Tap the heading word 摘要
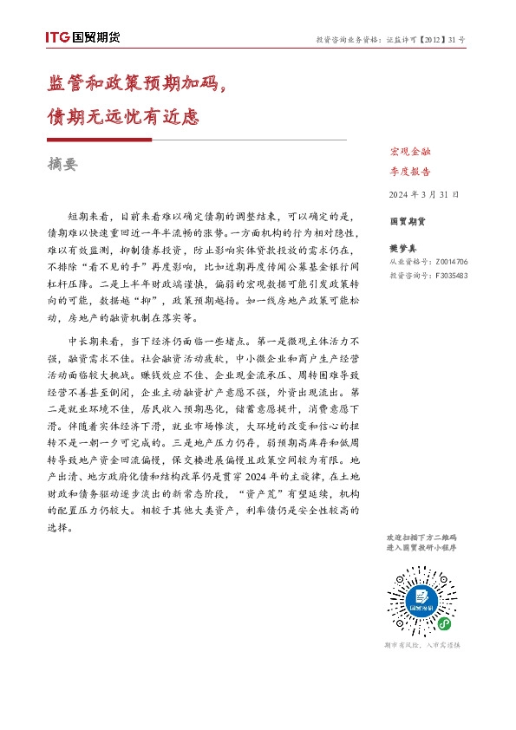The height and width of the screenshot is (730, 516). pos(63,164)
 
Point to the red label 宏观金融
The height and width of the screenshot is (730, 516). pos(410,153)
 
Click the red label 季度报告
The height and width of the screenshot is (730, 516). pos(410,172)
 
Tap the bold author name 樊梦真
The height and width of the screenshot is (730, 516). pos(405,248)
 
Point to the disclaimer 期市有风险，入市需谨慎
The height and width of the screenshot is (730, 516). pos(421,646)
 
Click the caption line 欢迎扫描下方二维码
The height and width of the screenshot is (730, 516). pos(421,538)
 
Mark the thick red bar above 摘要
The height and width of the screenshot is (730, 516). pos(99,140)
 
